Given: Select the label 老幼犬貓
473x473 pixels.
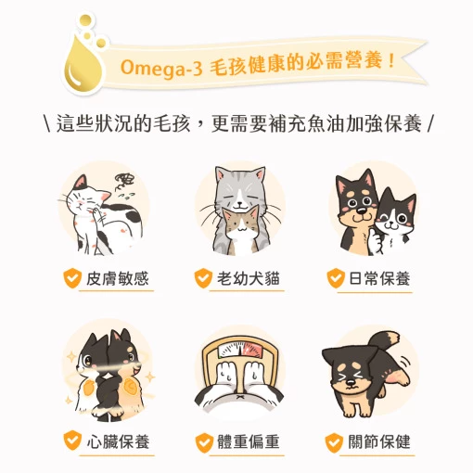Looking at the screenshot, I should pos(248,278).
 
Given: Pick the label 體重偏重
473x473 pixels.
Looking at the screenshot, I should pos(248,441).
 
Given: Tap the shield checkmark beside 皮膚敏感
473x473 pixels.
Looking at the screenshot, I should pos(70,278).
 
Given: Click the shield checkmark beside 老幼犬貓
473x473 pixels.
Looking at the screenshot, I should pos(202,278).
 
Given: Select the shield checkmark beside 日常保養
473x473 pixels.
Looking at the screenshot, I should pos(334,278).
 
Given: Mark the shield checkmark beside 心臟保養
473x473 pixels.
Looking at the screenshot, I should pos(70,441).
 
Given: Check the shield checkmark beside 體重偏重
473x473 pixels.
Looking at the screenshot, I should pos(202,441).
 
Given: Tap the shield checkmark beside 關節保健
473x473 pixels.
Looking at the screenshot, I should pos(334,441).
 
